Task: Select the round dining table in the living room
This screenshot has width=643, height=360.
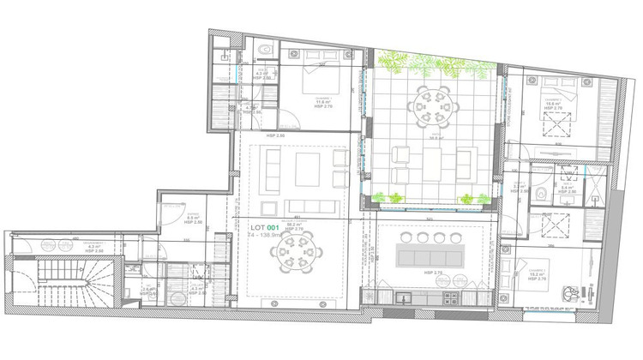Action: [x=295, y=254]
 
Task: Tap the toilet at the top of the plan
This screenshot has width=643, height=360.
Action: [x=267, y=51]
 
